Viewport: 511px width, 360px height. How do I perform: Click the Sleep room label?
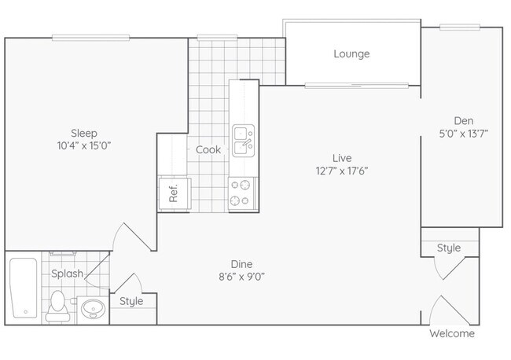[x=84, y=134]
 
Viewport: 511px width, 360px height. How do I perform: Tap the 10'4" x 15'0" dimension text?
[x=84, y=145]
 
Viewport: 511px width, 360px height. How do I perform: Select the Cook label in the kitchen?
[x=208, y=150]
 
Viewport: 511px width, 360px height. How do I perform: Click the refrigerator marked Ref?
[x=175, y=194]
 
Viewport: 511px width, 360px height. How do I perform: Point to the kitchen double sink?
[x=244, y=141]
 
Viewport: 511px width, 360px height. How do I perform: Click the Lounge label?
[x=351, y=53]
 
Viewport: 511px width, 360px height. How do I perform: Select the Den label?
[x=464, y=121]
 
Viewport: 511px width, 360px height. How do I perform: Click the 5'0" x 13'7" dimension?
[x=464, y=134]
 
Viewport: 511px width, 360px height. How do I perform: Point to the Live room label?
[x=342, y=158]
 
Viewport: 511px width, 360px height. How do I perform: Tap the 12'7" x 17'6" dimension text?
[x=342, y=171]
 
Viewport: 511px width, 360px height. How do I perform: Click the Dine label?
[x=241, y=264]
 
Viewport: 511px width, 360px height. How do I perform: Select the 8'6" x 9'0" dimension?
[x=241, y=277]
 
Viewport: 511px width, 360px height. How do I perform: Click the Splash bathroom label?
[x=67, y=274]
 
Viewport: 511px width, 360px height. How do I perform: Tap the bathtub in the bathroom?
[x=24, y=288]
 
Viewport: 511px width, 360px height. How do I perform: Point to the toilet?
[x=57, y=306]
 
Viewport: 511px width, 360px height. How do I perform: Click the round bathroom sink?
[x=93, y=308]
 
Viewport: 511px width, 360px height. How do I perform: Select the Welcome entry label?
[x=452, y=333]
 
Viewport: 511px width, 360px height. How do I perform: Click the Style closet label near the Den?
[x=449, y=248]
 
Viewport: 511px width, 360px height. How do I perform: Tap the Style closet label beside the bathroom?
[x=131, y=301]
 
